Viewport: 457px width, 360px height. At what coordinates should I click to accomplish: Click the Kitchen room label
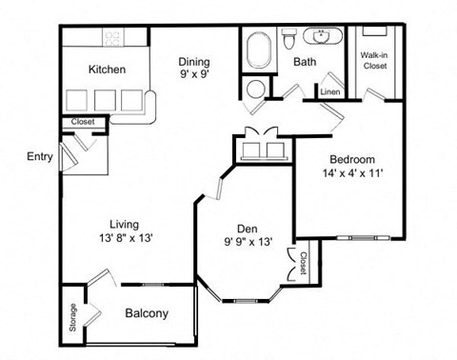(x=108, y=69)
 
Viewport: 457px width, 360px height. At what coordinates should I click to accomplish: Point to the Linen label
(x=329, y=91)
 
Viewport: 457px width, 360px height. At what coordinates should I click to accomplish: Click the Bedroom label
(x=352, y=159)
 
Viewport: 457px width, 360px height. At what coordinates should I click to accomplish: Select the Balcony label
(x=147, y=313)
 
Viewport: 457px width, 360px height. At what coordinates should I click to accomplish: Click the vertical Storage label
(x=72, y=317)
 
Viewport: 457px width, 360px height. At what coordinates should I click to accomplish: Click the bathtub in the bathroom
(x=260, y=49)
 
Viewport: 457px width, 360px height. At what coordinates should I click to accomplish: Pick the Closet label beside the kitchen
(x=83, y=122)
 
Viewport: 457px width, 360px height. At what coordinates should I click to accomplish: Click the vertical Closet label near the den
(x=303, y=264)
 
